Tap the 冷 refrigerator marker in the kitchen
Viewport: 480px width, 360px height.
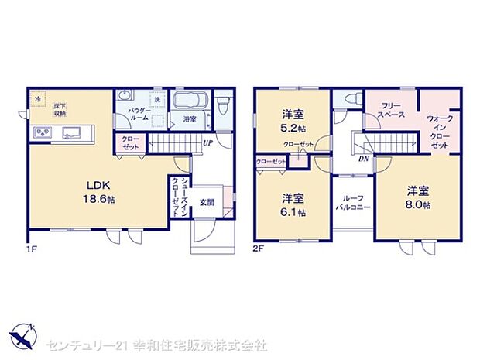(36, 98)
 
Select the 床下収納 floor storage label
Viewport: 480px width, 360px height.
(60, 109)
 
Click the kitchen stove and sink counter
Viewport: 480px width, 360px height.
(60, 132)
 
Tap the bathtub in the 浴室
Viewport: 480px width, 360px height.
(189, 101)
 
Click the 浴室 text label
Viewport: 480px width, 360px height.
(190, 120)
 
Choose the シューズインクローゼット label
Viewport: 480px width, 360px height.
(179, 199)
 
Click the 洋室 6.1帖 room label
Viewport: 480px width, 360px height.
(292, 204)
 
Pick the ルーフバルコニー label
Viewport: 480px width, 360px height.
(352, 204)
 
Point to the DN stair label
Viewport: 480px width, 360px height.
(363, 158)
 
